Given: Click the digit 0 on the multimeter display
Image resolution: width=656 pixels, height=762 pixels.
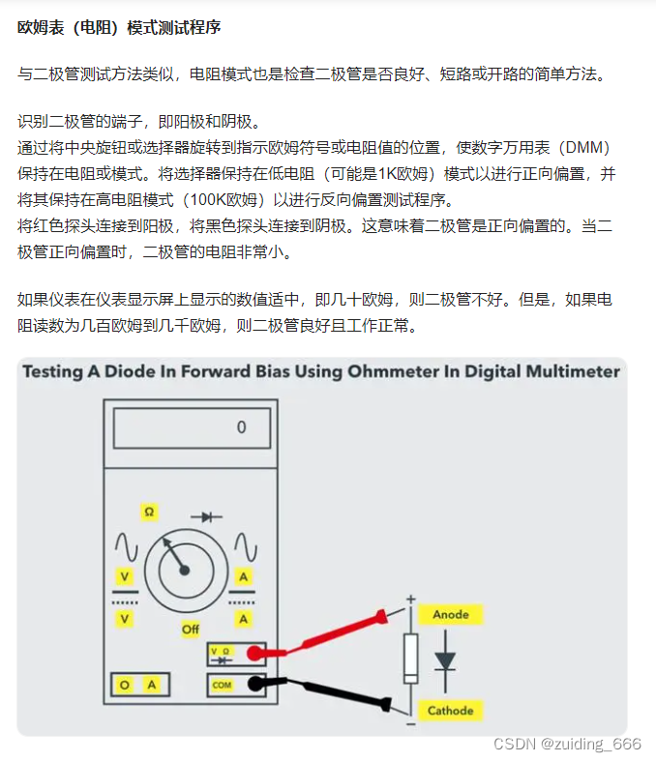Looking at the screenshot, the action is tap(241, 427).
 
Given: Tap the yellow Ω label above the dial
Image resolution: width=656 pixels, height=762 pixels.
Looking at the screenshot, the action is tap(149, 512).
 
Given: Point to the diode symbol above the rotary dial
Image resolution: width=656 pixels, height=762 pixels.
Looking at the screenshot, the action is tap(206, 517).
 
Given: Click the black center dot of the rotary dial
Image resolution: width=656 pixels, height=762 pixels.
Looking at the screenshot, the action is tap(184, 571).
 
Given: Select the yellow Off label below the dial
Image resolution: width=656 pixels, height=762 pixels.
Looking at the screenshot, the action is tap(191, 630).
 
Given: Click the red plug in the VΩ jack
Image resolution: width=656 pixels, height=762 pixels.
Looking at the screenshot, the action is tap(254, 654).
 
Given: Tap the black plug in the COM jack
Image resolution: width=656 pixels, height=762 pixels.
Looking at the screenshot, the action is tap(255, 684).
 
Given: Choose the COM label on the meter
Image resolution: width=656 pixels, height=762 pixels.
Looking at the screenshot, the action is tap(222, 686).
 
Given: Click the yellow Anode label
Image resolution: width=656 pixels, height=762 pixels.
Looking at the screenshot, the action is tap(451, 615).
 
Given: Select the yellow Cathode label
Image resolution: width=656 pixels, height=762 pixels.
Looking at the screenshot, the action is tap(450, 711).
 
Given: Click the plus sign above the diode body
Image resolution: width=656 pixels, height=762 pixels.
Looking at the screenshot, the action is tap(411, 600).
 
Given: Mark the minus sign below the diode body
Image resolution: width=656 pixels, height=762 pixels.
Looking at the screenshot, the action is tap(411, 724).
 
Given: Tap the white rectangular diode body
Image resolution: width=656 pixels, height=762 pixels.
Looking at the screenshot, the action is tap(411, 659).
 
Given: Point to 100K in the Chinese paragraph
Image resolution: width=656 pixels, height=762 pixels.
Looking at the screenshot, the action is tap(207, 200).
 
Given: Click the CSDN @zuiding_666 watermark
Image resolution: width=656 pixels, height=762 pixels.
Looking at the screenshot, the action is tap(567, 744).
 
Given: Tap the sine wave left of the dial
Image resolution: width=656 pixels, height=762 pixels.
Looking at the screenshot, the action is tap(126, 546).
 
